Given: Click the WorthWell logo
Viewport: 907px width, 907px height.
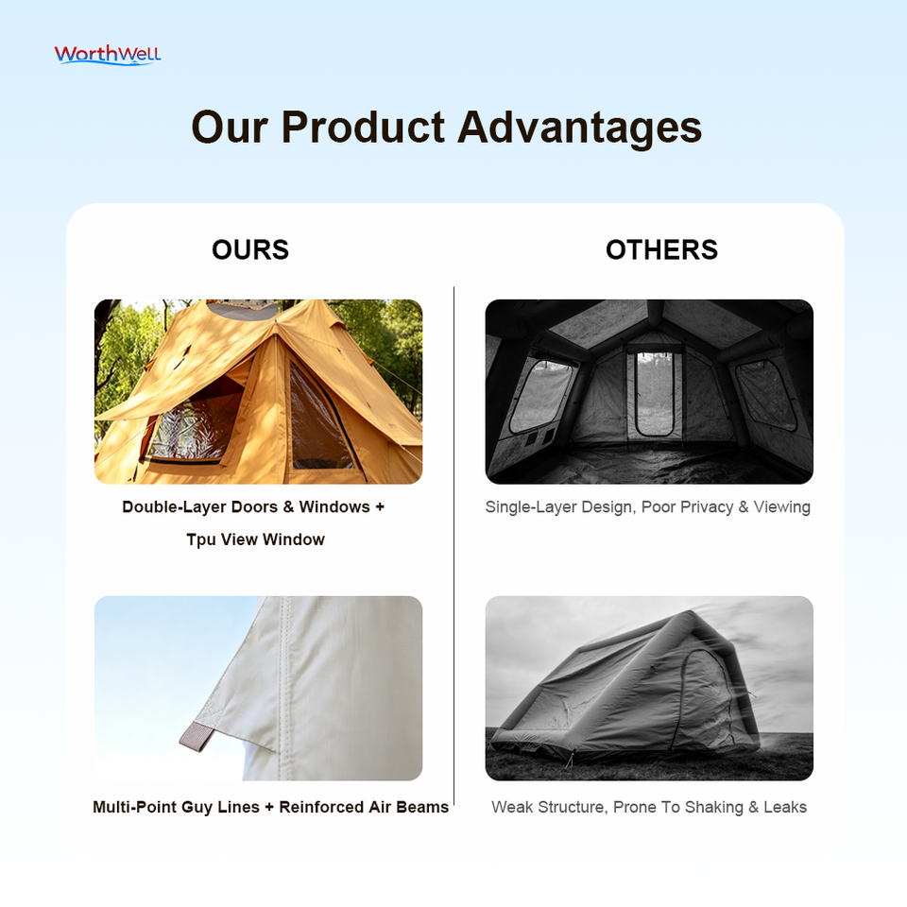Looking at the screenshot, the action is [x=108, y=55].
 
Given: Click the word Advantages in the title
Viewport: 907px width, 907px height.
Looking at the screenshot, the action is [x=579, y=128].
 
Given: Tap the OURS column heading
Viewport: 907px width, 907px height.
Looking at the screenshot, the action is [x=249, y=249].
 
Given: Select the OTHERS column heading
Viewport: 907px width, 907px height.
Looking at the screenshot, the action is [x=661, y=249].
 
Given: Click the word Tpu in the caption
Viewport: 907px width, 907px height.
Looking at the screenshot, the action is [x=200, y=539].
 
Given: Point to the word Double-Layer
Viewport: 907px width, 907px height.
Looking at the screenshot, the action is [x=173, y=507].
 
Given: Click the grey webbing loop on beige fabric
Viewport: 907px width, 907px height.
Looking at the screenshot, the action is [x=197, y=737].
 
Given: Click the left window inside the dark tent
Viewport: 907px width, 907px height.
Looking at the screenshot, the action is [x=540, y=396].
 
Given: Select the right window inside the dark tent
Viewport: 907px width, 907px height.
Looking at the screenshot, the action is [x=766, y=395].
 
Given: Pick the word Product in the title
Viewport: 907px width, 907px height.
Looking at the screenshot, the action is [x=363, y=128].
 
